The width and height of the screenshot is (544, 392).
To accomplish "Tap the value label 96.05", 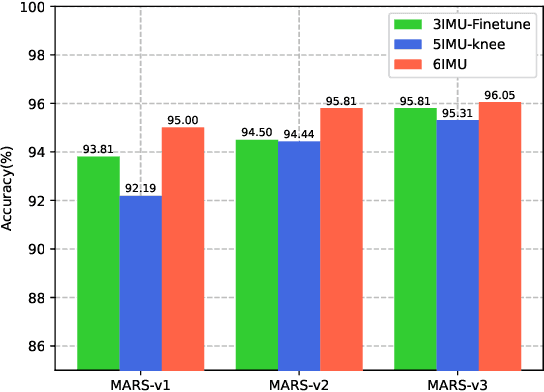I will coord(500,94).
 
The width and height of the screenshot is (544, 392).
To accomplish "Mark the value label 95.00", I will coord(183,120).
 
